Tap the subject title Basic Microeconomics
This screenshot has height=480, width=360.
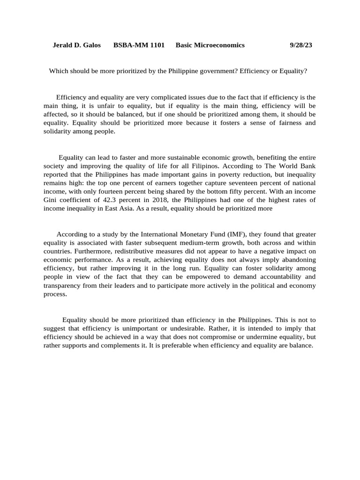coord(210,45)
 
